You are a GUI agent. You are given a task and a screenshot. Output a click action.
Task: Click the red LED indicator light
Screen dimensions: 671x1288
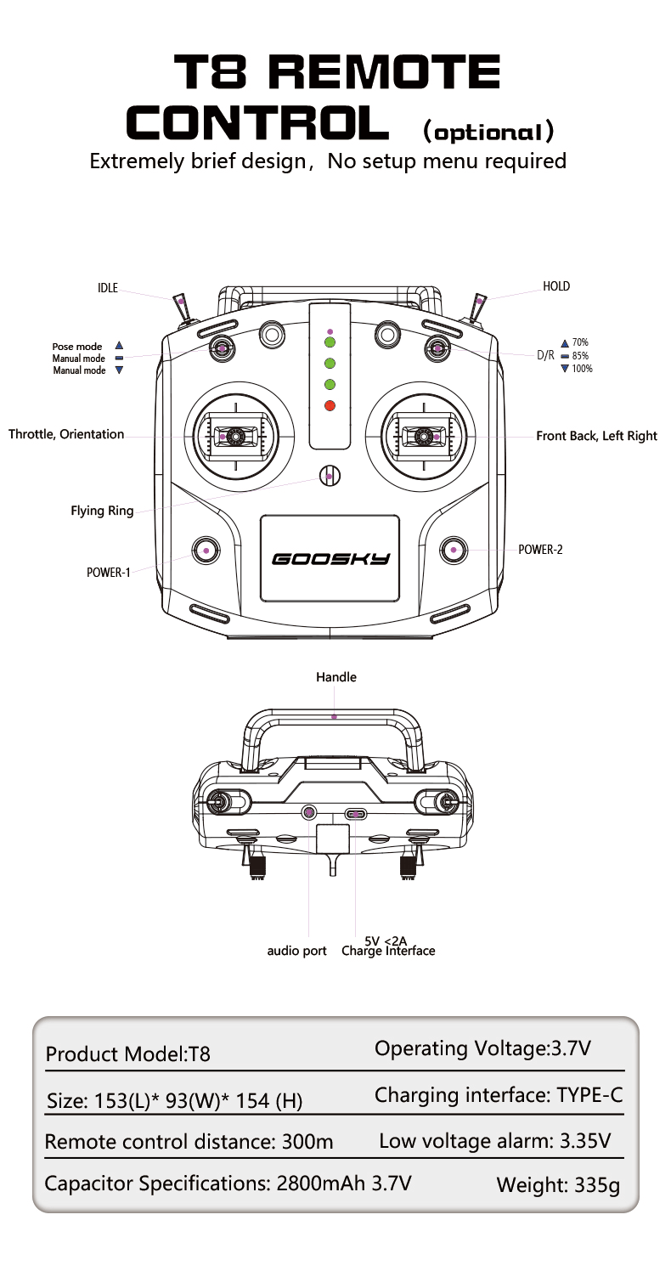pyautogui.click(x=330, y=406)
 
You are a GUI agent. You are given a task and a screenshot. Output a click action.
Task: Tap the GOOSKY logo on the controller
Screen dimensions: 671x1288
pyautogui.click(x=330, y=559)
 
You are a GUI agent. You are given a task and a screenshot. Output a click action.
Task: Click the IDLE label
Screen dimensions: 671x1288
pyautogui.click(x=108, y=287)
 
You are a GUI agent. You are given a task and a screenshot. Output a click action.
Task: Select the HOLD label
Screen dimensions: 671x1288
pyautogui.click(x=556, y=286)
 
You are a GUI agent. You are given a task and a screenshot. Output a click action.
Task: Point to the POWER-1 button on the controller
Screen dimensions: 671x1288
pyautogui.click(x=206, y=551)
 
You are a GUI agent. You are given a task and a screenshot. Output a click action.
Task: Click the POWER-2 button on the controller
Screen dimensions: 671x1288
pyautogui.click(x=454, y=550)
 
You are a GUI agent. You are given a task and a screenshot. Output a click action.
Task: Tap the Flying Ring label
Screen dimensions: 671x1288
pyautogui.click(x=102, y=511)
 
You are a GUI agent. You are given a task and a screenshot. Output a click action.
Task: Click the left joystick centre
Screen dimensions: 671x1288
pyautogui.click(x=236, y=437)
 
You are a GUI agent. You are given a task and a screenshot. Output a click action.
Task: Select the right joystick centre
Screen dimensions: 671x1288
pyautogui.click(x=424, y=437)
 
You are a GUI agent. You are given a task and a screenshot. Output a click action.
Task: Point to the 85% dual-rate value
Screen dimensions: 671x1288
pyautogui.click(x=580, y=356)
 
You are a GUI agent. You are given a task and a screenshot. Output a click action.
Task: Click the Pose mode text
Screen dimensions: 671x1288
pyautogui.click(x=77, y=347)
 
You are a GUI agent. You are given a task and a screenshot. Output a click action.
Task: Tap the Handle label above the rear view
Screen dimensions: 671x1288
pyautogui.click(x=336, y=677)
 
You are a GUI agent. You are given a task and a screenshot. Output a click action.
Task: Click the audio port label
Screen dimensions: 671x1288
pyautogui.click(x=296, y=951)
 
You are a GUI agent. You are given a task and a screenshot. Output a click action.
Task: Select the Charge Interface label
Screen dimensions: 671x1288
pyautogui.click(x=388, y=951)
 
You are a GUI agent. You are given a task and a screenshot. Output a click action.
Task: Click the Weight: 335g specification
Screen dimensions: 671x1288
pyautogui.click(x=558, y=1185)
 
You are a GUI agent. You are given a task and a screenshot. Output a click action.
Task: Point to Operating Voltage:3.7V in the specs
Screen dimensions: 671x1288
pyautogui.click(x=483, y=1048)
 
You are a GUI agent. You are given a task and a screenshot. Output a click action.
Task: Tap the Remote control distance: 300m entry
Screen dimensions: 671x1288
pyautogui.click(x=189, y=1141)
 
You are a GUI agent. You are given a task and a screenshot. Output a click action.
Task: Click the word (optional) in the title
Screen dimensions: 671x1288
pyautogui.click(x=488, y=132)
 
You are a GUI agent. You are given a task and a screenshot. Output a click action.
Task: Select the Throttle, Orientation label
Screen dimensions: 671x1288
pyautogui.click(x=66, y=434)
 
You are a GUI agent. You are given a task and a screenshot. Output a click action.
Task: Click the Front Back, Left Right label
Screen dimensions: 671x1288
pyautogui.click(x=596, y=436)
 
